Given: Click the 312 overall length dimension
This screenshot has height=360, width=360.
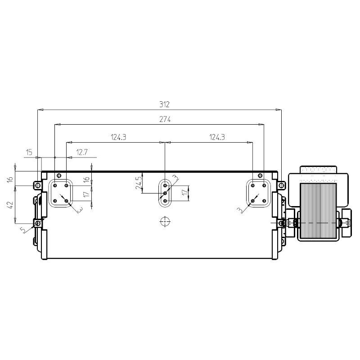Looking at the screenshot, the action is pos(164,105).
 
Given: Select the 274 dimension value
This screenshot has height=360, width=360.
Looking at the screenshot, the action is pos(165,120).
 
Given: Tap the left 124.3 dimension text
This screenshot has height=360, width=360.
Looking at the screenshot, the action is pos(118,137).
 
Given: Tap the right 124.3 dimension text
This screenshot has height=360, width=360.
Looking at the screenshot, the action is pos(217,137).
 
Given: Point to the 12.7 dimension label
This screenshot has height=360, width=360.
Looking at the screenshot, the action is pos(82,152).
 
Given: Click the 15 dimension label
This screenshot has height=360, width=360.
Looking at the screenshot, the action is pos(29,152).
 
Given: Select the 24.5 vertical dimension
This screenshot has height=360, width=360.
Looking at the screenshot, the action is pos(139,183).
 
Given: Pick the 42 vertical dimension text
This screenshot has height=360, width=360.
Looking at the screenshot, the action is pos(10,205).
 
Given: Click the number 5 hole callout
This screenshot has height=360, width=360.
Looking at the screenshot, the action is pos(23,230).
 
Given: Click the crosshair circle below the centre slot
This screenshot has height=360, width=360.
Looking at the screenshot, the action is pos(165,221).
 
